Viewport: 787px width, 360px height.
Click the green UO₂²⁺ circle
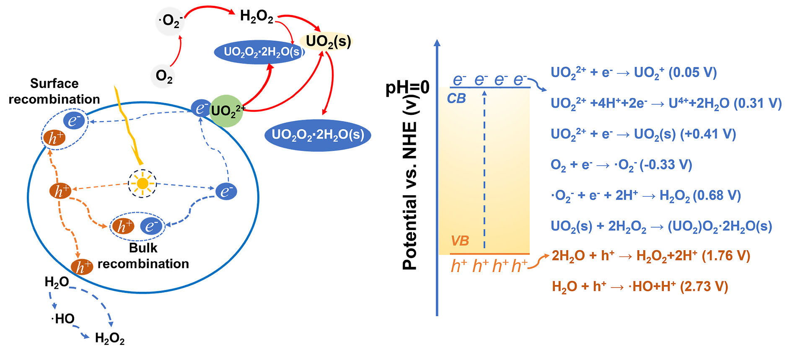tap(226, 111)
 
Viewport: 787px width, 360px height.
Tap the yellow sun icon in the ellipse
tap(142, 183)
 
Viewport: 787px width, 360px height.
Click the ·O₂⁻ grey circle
tap(170, 21)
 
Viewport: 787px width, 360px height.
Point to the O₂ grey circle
tap(164, 76)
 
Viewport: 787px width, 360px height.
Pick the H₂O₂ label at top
tap(256, 16)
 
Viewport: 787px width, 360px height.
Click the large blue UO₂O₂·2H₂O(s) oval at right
tap(318, 135)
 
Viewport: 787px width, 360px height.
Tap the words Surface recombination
tap(54, 91)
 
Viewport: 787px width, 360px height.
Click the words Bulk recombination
tap(143, 256)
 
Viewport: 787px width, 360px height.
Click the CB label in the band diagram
tap(456, 98)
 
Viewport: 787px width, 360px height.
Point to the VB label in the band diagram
tap(460, 241)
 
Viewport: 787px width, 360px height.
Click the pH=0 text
tap(407, 87)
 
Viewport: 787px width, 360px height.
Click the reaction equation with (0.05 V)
tap(634, 73)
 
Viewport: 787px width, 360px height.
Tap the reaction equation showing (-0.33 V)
tap(621, 165)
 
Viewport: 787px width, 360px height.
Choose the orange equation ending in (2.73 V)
tap(640, 287)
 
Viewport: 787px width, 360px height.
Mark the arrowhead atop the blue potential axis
tap(437, 43)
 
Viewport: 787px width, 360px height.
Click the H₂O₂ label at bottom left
tap(110, 338)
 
